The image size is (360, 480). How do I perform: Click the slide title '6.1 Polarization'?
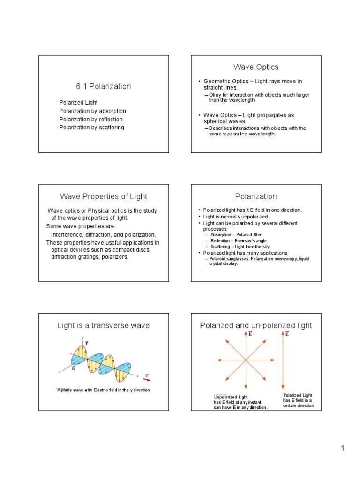pos(103,86)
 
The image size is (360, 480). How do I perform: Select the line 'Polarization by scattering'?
pos(91,127)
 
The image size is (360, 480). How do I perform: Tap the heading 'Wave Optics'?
pos(256,67)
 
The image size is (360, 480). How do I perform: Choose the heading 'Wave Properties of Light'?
pos(103,196)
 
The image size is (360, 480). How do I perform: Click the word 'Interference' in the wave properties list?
pos(68,234)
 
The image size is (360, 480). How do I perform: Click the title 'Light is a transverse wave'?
pos(103,325)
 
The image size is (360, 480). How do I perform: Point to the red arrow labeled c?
pos(147,379)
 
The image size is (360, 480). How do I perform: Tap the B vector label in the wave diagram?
pos(73,368)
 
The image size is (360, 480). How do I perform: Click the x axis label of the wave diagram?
pos(137,375)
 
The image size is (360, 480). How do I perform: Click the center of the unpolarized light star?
pos(245,360)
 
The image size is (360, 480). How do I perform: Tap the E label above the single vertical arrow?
pos(287,334)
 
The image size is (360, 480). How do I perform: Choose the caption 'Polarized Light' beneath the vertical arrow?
pos(298,395)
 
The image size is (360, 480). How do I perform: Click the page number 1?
pos(343,449)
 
